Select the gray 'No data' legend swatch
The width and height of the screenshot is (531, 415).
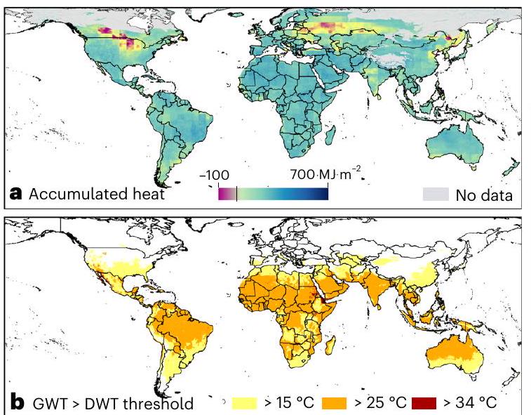point(435,194)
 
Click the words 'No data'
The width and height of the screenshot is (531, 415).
point(484,195)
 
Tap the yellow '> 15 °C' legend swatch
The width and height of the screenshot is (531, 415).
point(246,402)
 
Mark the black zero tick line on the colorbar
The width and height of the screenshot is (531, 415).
point(237,193)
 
